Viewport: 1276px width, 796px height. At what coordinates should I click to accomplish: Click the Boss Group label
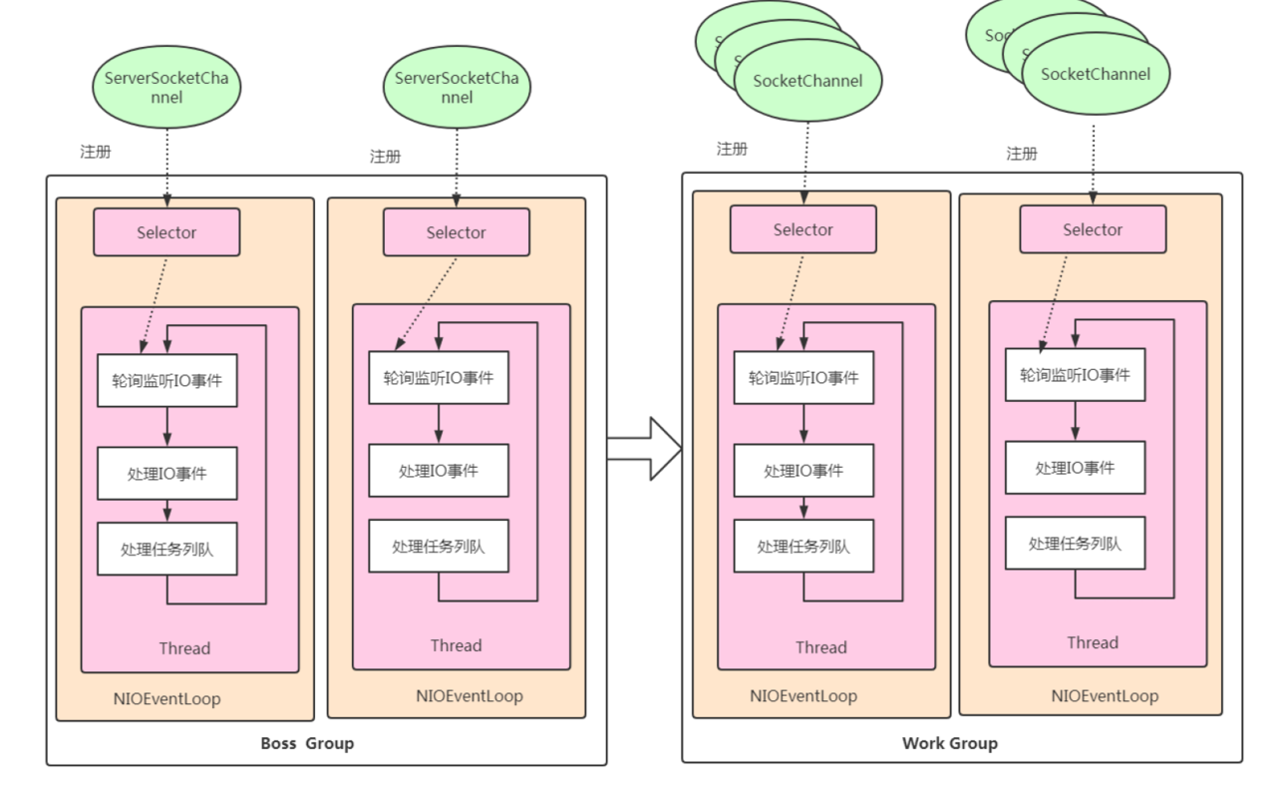coord(307,743)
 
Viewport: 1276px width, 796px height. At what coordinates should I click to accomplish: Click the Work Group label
coord(949,743)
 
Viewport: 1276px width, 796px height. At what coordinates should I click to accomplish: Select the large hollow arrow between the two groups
coord(644,449)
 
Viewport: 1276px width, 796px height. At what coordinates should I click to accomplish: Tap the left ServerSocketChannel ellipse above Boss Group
coord(166,87)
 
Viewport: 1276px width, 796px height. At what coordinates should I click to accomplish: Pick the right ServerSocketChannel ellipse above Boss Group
coord(457,87)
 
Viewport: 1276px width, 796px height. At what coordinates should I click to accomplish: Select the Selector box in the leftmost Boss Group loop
coord(166,232)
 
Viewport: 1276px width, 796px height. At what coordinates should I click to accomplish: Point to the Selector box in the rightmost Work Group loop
coord(1093,229)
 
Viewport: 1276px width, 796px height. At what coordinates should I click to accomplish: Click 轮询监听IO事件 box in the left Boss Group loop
coord(166,380)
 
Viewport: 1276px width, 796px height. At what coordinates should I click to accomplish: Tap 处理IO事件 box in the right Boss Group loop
coord(439,471)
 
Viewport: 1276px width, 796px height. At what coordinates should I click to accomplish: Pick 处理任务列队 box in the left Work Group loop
coord(803,547)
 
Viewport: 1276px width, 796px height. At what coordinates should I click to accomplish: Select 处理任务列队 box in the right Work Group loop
coord(1075,544)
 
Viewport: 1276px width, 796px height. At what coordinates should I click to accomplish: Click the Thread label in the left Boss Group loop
coord(184,648)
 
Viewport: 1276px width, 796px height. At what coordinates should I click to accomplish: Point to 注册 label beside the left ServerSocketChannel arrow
coord(96,152)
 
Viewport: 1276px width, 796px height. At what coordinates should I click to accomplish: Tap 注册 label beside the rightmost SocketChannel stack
coord(1022,154)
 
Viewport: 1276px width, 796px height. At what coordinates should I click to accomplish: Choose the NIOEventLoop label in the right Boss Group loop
coord(469,696)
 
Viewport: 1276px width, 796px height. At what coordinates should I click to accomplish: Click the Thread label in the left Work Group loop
coord(820,647)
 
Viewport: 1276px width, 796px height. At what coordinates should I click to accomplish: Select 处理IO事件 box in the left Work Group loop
coord(803,471)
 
